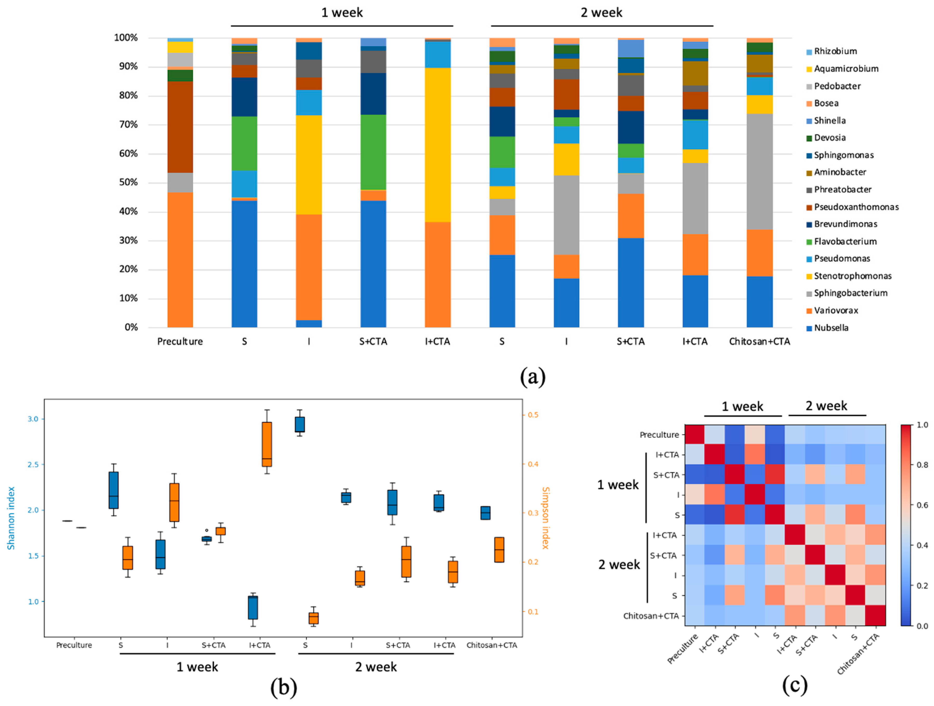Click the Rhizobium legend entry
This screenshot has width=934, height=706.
[x=835, y=51]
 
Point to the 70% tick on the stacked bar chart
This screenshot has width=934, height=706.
[x=126, y=125]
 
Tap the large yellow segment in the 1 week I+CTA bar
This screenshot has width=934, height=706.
[x=438, y=145]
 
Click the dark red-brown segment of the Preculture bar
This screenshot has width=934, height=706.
[x=180, y=127]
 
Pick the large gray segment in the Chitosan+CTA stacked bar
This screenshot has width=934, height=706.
[x=760, y=172]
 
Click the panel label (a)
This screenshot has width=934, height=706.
[x=533, y=377]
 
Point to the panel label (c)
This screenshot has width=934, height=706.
[x=794, y=685]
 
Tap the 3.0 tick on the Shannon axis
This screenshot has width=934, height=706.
[x=33, y=419]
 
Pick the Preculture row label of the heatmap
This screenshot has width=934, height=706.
[x=659, y=435]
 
